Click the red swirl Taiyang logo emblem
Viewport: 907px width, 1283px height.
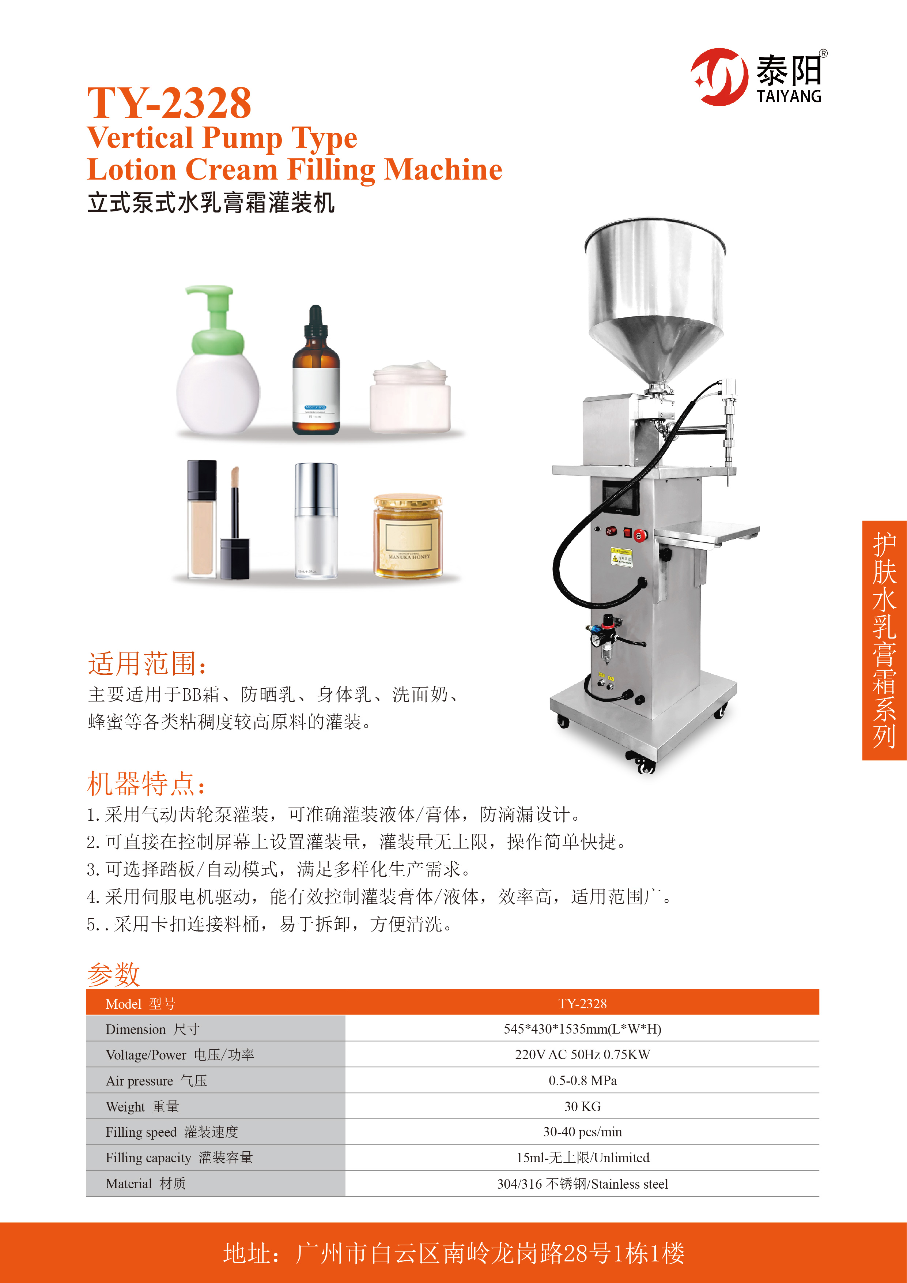coord(719,76)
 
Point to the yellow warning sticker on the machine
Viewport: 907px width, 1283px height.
coord(621,556)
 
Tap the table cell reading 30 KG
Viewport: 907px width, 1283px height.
coord(582,1106)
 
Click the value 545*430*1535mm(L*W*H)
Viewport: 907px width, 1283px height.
coord(582,1029)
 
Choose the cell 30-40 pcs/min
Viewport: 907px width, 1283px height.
coord(582,1132)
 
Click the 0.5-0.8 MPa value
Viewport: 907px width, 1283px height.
coord(582,1080)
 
